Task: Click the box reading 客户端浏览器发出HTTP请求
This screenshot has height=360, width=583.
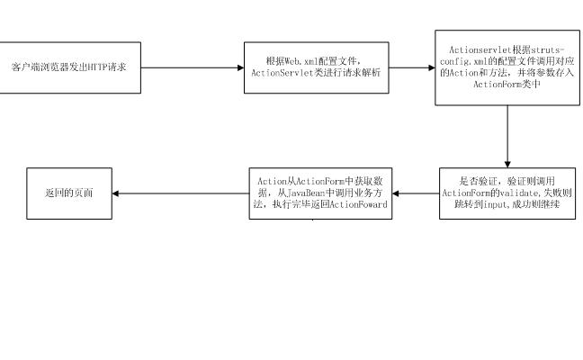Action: tap(70, 67)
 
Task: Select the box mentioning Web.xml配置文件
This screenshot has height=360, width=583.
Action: tap(320, 67)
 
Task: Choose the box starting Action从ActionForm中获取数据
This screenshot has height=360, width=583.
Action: tap(320, 193)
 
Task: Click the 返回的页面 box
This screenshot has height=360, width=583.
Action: tap(68, 193)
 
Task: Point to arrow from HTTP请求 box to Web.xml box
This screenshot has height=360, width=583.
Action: tap(193, 67)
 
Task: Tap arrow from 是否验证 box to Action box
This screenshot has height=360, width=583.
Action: tap(416, 193)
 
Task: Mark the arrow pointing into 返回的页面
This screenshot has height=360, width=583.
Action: tap(180, 193)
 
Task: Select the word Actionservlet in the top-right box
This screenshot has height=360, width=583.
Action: tap(471, 48)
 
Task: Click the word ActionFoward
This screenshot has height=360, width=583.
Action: tap(360, 205)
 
